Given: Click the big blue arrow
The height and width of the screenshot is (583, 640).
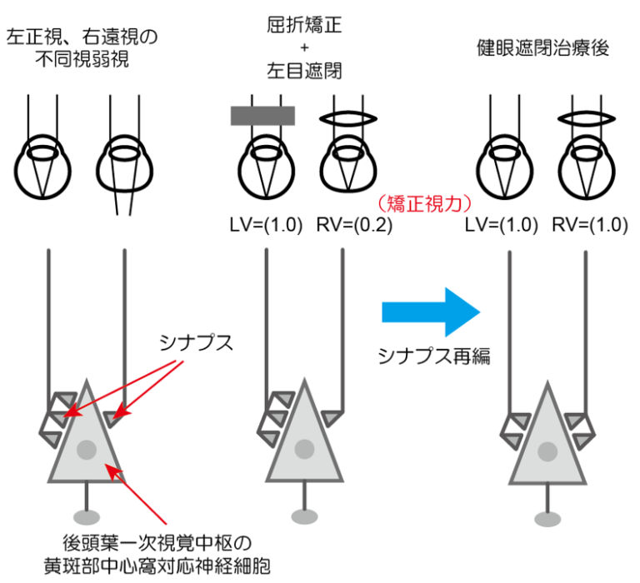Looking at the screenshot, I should point(429,311).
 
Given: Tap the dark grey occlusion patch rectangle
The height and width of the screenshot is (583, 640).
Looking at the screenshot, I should point(263,115).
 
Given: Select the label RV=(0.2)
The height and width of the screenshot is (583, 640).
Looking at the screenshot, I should point(350,225).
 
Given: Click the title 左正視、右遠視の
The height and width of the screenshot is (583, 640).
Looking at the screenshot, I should point(82,37).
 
